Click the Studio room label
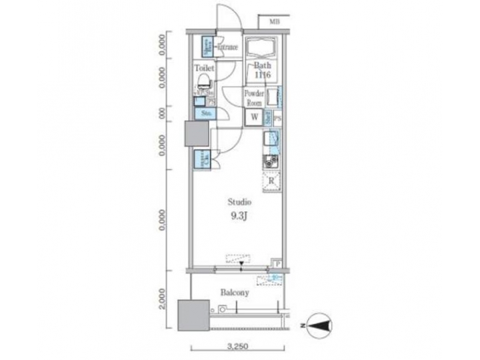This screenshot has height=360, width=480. (239, 201)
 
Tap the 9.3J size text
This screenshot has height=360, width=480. (239, 215)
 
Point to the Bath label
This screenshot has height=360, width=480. (261, 65)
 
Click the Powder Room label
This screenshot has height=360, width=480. (253, 98)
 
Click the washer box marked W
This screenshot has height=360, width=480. (254, 118)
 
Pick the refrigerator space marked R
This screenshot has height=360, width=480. (272, 180)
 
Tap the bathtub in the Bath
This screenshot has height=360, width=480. (262, 48)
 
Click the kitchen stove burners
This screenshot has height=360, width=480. (271, 161)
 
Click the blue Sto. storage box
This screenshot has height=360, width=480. (205, 114)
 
